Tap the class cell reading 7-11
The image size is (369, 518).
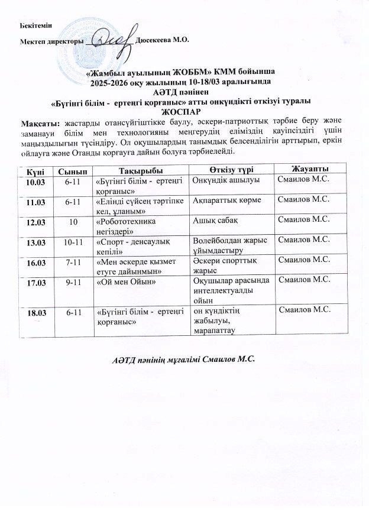tap(73, 261)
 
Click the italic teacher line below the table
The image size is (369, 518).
tap(183, 360)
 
